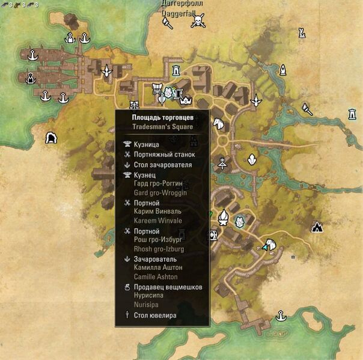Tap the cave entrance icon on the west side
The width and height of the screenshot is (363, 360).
click(x=51, y=138)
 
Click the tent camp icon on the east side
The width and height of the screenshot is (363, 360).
click(x=317, y=227)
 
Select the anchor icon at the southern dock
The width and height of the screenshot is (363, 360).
click(x=280, y=316)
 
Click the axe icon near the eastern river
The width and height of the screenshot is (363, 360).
click(x=307, y=109)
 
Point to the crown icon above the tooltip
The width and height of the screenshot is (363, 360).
click(x=185, y=100)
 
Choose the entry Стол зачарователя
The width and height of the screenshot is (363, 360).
click(x=163, y=164)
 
